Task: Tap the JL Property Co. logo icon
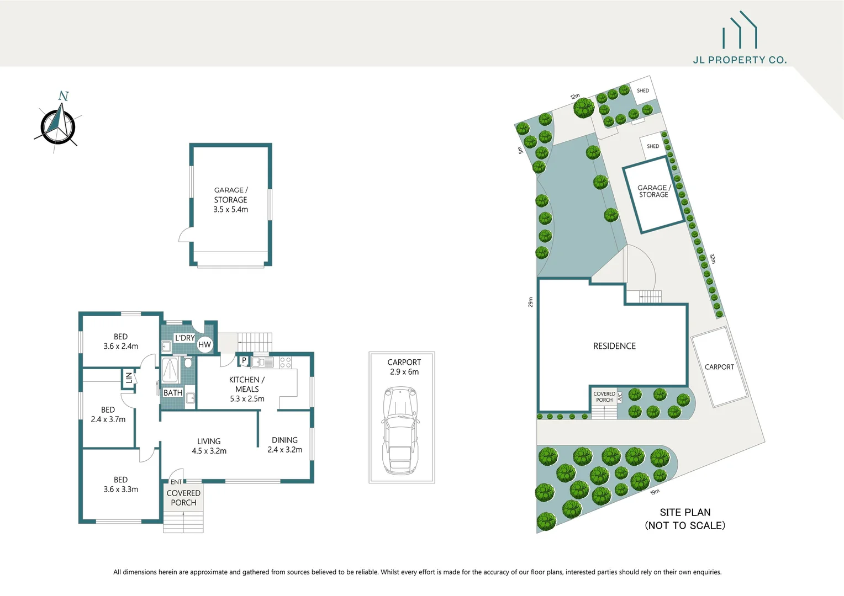740,31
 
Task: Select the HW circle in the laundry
204,345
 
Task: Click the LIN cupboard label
129,378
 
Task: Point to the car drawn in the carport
400,430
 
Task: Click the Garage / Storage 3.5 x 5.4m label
231,200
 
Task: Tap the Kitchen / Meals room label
247,389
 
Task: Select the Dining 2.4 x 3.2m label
284,445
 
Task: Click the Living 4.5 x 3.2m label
209,446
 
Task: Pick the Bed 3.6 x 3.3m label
120,485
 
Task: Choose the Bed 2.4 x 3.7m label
108,414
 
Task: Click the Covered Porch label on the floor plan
183,498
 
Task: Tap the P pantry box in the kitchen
244,360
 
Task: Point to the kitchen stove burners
285,363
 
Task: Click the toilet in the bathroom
188,363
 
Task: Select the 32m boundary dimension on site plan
713,259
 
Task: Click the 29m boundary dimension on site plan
530,302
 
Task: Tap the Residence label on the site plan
614,346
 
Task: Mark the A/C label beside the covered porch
620,396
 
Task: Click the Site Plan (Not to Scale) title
685,519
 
